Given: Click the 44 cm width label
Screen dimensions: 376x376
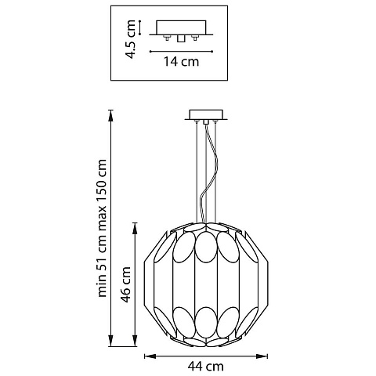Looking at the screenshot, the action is [206, 367].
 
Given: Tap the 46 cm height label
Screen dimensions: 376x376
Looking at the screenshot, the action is [126, 284].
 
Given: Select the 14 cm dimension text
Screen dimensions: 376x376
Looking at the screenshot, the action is [181, 62].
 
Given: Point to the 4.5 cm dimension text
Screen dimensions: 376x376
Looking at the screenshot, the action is [131, 39].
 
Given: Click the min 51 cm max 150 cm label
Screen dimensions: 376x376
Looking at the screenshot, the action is [102, 228].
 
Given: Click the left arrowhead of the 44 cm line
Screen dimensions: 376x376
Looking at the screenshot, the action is [150, 356].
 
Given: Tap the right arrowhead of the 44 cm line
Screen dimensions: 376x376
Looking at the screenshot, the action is [262, 356].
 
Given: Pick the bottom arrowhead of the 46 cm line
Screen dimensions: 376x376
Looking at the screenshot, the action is [135, 341].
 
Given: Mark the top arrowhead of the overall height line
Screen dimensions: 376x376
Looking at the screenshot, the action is [111, 116].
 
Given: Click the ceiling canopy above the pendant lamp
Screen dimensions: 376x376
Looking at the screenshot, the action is [206, 115].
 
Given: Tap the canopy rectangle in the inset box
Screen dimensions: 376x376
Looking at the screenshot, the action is [181, 27].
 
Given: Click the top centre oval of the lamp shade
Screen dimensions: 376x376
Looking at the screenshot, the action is [206, 247].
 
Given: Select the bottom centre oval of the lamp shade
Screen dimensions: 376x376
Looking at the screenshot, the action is [206, 323].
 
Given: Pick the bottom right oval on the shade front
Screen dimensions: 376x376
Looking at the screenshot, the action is [228, 322].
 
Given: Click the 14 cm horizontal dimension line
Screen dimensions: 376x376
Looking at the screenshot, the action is [181, 52].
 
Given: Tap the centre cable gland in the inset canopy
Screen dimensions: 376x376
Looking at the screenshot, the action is [180, 38].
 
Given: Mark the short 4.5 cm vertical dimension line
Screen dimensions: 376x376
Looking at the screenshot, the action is [140, 27].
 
